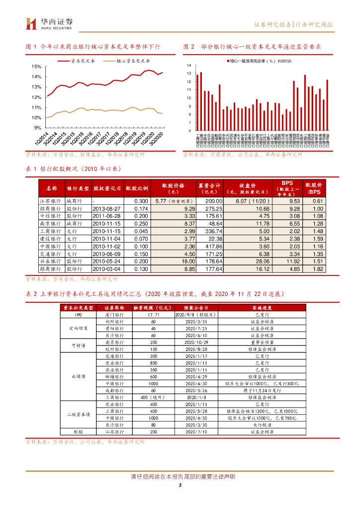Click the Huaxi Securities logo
click(x=49, y=23)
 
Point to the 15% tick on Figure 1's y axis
click(x=36, y=66)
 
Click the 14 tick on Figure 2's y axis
click(x=188, y=65)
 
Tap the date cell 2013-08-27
click(x=106, y=209)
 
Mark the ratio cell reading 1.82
click(x=318, y=269)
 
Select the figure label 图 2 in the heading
click(x=189, y=46)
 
